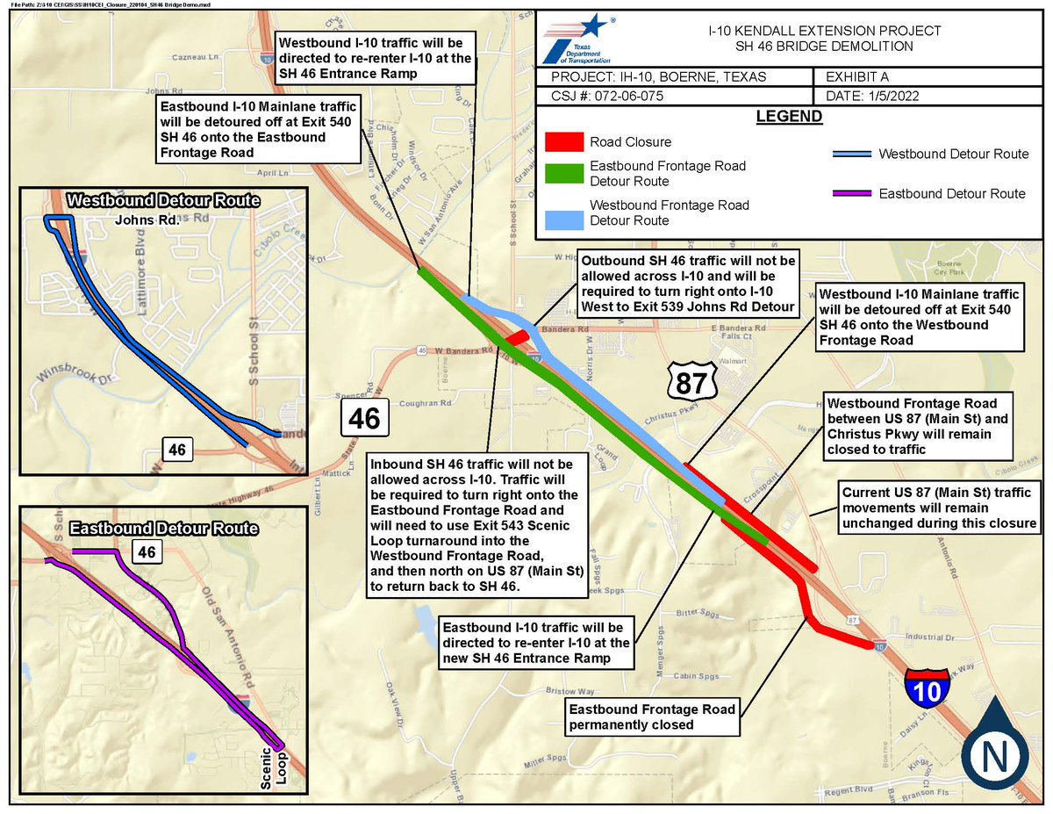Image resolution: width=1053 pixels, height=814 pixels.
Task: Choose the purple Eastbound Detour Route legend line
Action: (850, 193)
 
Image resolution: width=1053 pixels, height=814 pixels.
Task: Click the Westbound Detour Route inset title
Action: (163, 201)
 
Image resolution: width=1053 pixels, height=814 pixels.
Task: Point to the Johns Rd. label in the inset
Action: (147, 220)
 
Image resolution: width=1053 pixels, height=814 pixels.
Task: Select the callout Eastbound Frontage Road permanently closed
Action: (651, 717)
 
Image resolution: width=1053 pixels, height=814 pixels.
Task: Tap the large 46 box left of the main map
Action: (364, 419)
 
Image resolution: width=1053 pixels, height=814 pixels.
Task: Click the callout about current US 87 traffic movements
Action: (938, 508)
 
